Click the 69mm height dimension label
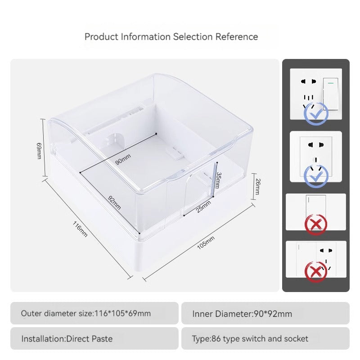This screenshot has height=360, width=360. click(x=39, y=151)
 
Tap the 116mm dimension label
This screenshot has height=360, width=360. click(x=80, y=229)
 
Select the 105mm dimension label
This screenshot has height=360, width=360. click(x=206, y=243)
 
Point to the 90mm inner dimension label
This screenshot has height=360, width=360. click(x=123, y=159)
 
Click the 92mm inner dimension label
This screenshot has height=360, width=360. click(x=114, y=202)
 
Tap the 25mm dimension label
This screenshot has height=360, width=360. click(x=203, y=207)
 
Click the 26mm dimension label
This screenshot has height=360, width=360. click(x=258, y=186)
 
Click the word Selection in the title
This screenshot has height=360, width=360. click(x=193, y=37)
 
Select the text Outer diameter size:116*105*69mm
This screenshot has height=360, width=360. click(x=86, y=313)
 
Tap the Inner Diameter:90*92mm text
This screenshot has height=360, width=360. click(x=242, y=314)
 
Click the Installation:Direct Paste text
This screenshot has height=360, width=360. click(x=67, y=339)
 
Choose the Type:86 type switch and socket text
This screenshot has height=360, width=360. click(x=250, y=339)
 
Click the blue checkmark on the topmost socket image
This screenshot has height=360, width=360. click(x=316, y=114)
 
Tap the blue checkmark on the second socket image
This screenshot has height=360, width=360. click(x=316, y=176)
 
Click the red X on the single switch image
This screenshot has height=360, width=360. click(x=316, y=224)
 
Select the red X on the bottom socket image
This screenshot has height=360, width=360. click(x=316, y=272)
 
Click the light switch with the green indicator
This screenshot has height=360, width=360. click(x=331, y=94)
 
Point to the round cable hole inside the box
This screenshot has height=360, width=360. click(x=114, y=140)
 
